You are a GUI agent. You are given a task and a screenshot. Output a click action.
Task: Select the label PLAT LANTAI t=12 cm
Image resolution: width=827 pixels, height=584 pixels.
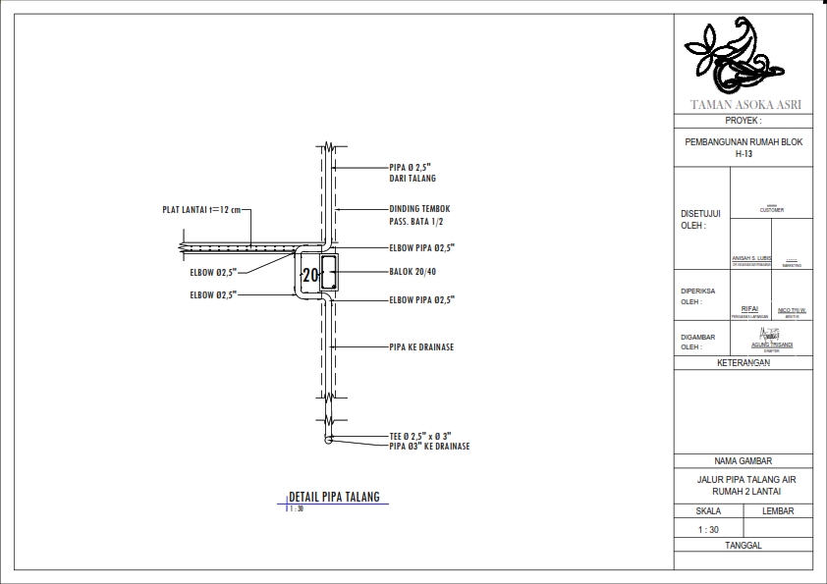point(201,209)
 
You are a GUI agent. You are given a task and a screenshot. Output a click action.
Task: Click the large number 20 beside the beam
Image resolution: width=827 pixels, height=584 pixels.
point(310,275)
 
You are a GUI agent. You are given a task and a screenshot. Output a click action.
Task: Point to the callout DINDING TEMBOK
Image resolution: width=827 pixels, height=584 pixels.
point(419,209)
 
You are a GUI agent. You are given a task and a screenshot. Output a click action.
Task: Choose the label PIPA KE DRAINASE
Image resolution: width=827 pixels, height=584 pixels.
point(421,347)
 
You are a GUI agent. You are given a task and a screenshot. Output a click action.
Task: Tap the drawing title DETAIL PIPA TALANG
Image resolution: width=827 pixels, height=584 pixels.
point(334,497)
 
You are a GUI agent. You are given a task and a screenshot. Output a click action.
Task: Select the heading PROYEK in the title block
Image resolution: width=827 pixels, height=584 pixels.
point(744,121)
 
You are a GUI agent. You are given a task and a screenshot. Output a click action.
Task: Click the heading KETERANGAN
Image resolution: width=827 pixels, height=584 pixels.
point(744,363)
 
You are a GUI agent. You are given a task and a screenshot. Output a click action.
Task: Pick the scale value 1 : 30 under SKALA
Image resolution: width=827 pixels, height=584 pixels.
point(707,530)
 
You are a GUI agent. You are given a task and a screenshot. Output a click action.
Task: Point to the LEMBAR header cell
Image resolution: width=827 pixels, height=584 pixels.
point(778,511)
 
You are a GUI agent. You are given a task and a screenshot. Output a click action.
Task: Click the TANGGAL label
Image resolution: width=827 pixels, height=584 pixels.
point(744,546)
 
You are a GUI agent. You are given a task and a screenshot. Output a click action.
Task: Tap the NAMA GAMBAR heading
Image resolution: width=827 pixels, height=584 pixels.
point(744,461)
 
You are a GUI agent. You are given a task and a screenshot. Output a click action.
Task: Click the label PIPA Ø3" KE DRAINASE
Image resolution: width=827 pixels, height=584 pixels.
point(429,446)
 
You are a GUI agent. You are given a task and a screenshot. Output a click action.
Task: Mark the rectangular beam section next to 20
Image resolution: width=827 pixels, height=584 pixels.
point(331,274)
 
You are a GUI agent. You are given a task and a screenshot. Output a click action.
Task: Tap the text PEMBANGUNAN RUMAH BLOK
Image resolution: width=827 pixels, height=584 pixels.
point(744,142)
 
